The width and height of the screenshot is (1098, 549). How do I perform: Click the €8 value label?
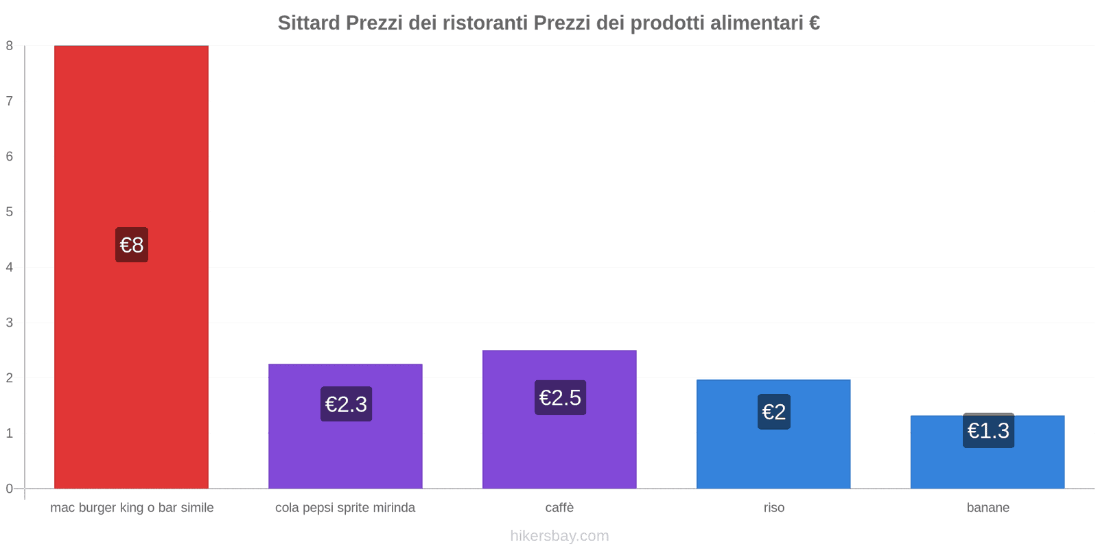(132, 245)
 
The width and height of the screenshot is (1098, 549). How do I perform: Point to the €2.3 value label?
(346, 404)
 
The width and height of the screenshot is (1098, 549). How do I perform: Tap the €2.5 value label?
(560, 397)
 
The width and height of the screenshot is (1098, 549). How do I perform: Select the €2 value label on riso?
(774, 412)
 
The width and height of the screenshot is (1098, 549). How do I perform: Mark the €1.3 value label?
(988, 431)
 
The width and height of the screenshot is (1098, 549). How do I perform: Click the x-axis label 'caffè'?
(559, 508)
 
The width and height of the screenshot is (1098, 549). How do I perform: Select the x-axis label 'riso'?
(774, 508)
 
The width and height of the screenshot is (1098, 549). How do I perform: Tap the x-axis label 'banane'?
(988, 508)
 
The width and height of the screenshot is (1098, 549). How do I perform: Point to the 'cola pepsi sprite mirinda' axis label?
(345, 508)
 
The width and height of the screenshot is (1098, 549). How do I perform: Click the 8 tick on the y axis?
(10, 46)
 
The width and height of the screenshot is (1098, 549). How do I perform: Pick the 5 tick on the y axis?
(10, 212)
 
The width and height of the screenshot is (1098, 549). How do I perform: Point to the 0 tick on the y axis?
(10, 489)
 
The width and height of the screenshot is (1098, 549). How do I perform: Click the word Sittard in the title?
(309, 23)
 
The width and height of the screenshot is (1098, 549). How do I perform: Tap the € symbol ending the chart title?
(814, 23)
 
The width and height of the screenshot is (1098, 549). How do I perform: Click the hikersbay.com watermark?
(559, 536)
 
